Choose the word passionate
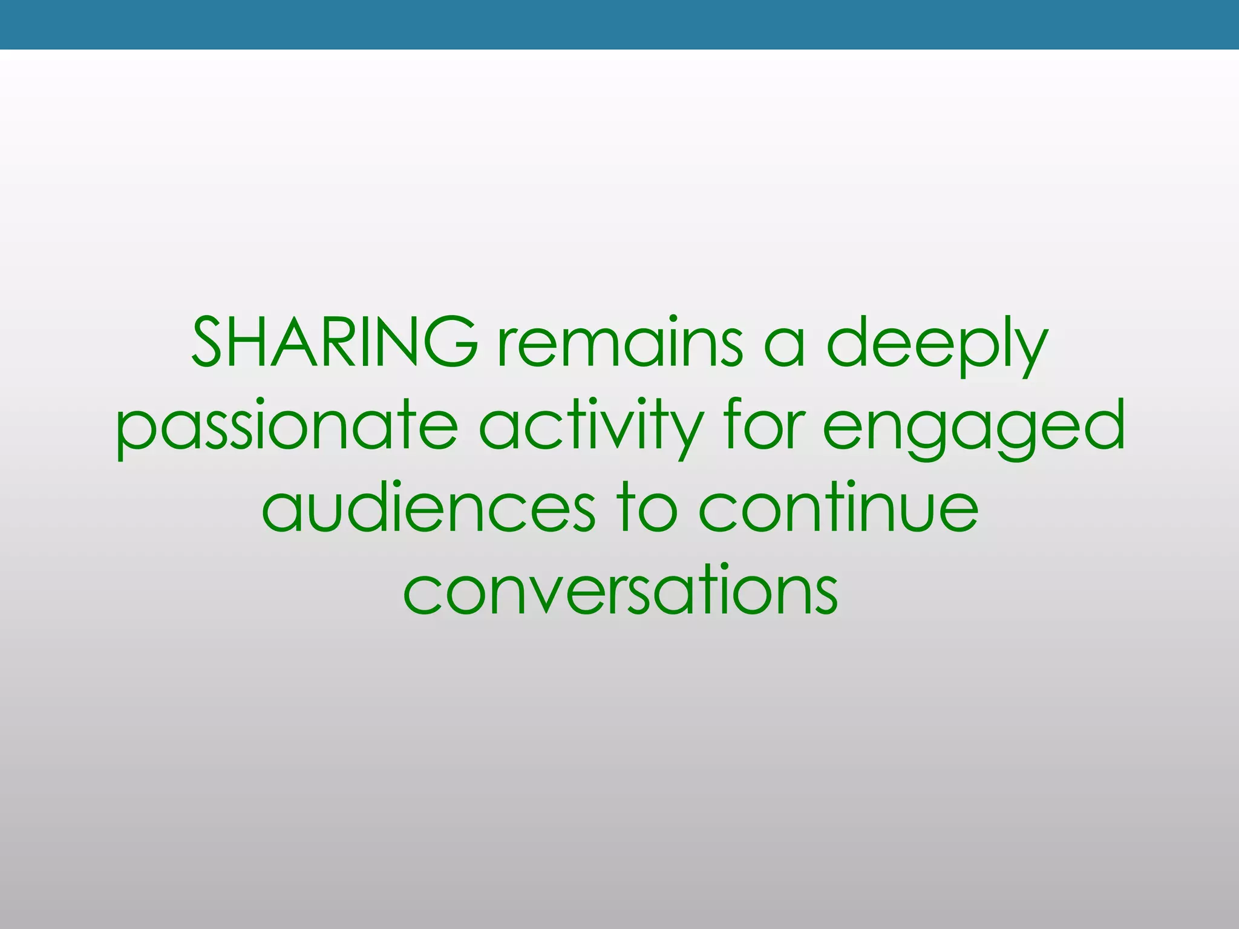coord(287,426)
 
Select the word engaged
coord(974,426)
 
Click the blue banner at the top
coord(619,24)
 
